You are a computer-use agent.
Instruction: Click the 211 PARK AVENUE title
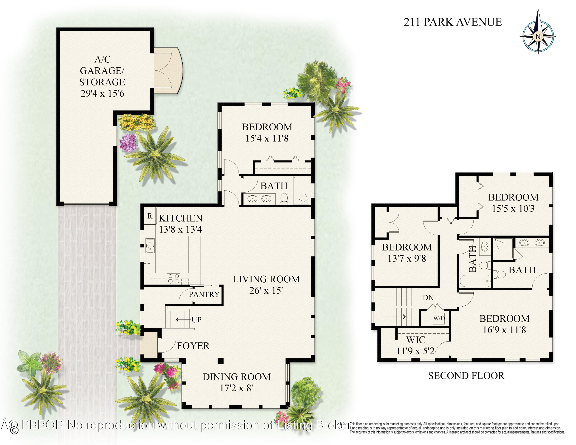pyautogui.click(x=453, y=22)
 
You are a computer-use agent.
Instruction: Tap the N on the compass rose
pyautogui.click(x=538, y=37)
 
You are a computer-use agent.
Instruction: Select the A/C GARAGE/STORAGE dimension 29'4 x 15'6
pyautogui.click(x=102, y=93)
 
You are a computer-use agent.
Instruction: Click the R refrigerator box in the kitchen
pyautogui.click(x=150, y=216)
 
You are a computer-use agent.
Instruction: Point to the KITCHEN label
pyautogui.click(x=181, y=218)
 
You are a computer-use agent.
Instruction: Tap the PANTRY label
pyautogui.click(x=204, y=294)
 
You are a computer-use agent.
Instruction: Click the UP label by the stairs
pyautogui.click(x=196, y=320)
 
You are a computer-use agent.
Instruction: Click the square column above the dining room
pyautogui.click(x=220, y=361)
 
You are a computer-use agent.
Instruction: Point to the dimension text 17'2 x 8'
pyautogui.click(x=236, y=388)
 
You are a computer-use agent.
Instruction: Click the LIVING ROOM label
pyautogui.click(x=266, y=279)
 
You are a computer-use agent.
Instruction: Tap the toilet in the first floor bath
pyautogui.click(x=284, y=199)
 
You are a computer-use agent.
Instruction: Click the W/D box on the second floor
pyautogui.click(x=439, y=318)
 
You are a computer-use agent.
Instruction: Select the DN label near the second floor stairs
pyautogui.click(x=428, y=298)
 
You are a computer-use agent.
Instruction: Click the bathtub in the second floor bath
pyautogui.click(x=475, y=281)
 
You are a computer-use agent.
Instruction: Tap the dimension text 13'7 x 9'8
pyautogui.click(x=407, y=259)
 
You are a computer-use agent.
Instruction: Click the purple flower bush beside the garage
pyautogui.click(x=128, y=143)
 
